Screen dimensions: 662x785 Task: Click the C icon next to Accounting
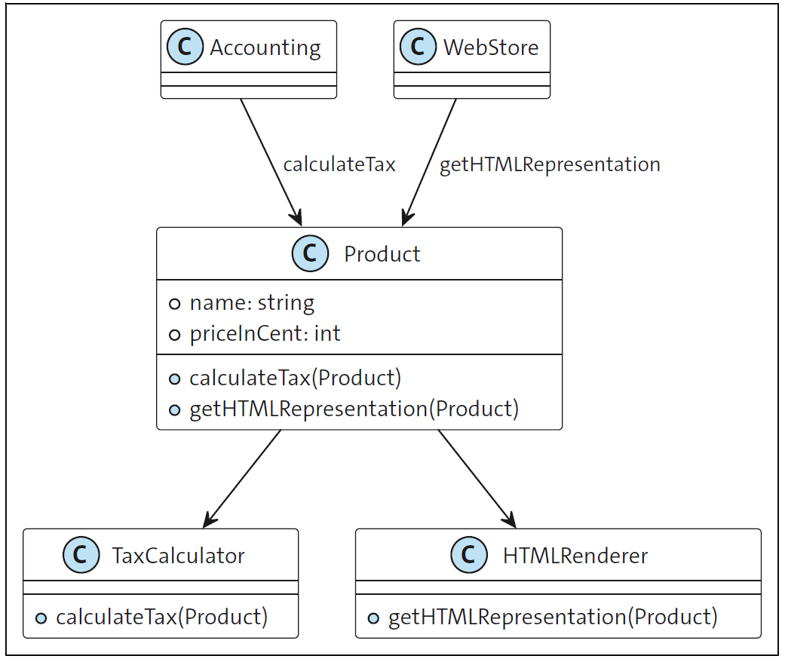[x=185, y=48]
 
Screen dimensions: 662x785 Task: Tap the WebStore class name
[x=491, y=48]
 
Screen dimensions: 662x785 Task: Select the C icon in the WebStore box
[x=418, y=48]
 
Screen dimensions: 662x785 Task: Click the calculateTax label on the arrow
[x=339, y=164]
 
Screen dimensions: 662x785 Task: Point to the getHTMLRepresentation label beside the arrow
[x=550, y=164]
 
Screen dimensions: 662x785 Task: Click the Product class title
[x=382, y=254]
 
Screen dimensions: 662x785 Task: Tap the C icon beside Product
[x=310, y=254]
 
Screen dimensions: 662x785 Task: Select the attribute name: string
[x=252, y=303]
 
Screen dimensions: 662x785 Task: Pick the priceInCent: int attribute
[x=265, y=333]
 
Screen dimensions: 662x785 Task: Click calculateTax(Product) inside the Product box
[x=295, y=378]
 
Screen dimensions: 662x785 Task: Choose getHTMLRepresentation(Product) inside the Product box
[x=354, y=409]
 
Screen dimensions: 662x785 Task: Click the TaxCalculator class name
[x=178, y=556]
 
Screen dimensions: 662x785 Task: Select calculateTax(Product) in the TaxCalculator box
[x=161, y=618]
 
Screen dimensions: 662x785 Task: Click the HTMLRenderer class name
[x=575, y=556]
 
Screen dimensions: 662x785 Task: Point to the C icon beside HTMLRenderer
[x=468, y=556]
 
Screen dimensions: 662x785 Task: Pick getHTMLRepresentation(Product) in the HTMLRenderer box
[x=553, y=618]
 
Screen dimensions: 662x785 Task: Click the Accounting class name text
[x=265, y=48]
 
